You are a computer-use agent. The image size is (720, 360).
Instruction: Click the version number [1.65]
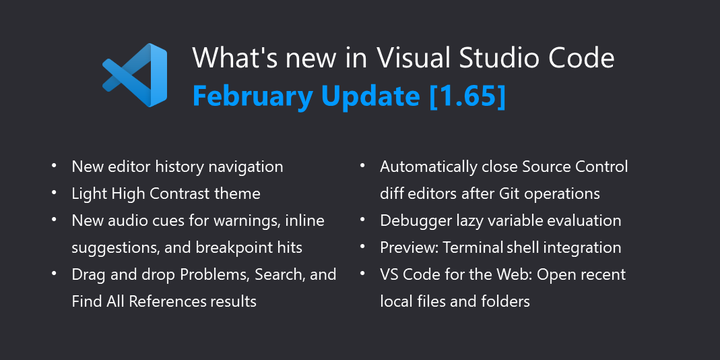click(470, 97)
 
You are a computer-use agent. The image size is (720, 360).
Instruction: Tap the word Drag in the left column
click(89, 274)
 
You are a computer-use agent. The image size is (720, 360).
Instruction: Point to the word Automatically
click(432, 166)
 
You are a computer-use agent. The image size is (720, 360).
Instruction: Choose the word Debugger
click(415, 220)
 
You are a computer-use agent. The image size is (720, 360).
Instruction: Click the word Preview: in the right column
click(410, 247)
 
